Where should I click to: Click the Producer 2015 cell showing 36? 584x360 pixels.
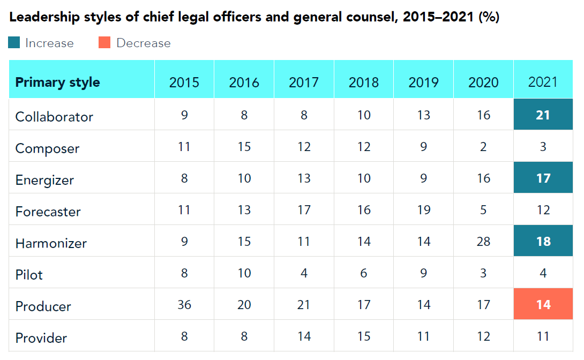(184, 305)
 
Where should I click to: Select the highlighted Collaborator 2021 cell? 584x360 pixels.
(543, 115)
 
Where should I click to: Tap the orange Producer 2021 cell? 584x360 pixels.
(543, 305)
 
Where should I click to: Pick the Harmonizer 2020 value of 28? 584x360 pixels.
(483, 242)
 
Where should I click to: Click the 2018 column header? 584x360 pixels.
(363, 82)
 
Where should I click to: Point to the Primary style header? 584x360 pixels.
(57, 82)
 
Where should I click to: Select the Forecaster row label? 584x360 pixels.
(48, 212)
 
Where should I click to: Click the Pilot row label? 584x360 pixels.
(29, 275)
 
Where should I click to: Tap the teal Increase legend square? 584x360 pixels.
(14, 43)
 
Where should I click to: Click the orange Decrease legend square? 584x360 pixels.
(104, 43)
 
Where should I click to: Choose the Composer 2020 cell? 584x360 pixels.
(483, 147)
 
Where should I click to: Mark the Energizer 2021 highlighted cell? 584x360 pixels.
(543, 178)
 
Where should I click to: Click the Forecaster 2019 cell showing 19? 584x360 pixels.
(423, 210)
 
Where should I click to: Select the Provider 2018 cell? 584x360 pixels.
(363, 336)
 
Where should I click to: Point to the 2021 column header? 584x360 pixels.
(543, 82)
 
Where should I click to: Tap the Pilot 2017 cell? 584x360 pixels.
(304, 273)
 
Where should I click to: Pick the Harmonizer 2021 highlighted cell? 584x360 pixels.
(543, 242)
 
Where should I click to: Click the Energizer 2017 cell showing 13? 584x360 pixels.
(304, 178)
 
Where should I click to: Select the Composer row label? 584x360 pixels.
(47, 148)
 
